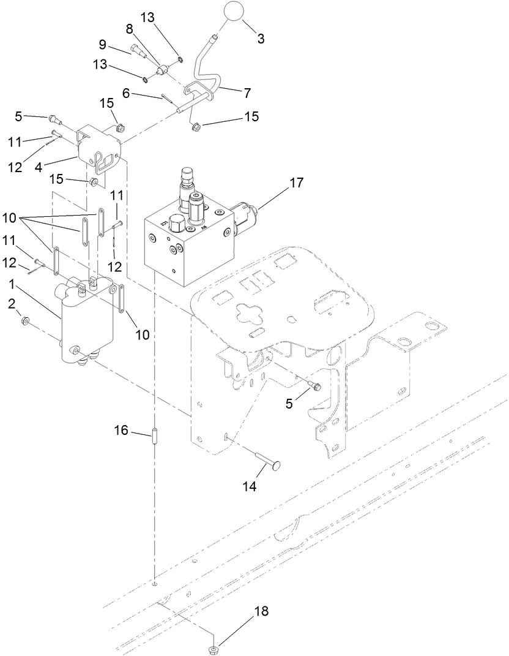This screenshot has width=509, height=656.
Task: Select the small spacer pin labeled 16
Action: pyautogui.click(x=155, y=439)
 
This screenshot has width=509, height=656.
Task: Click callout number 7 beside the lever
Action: pyautogui.click(x=247, y=93)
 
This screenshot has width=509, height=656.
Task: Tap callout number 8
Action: pyautogui.click(x=129, y=29)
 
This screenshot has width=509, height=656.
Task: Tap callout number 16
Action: pyautogui.click(x=122, y=431)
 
